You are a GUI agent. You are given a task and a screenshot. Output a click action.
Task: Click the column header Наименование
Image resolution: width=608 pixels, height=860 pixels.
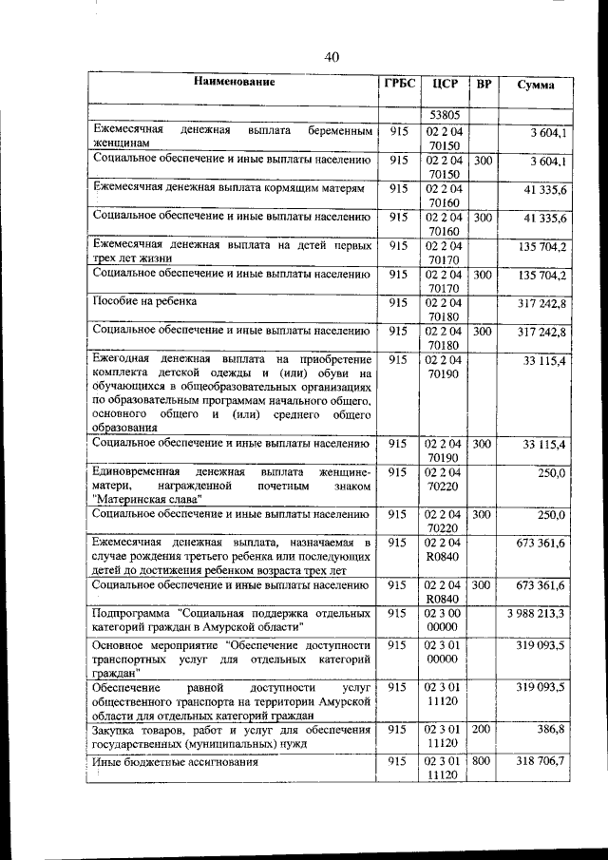[x=235, y=83]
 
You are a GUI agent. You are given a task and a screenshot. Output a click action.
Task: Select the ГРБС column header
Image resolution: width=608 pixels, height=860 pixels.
[x=399, y=84]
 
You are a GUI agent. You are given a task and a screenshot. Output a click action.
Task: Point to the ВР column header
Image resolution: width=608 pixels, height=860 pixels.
[x=484, y=84]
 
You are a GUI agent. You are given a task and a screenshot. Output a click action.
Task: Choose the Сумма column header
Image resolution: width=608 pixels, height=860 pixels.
[x=536, y=85]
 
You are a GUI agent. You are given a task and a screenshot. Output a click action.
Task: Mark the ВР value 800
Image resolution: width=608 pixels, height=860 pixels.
[x=484, y=761]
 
